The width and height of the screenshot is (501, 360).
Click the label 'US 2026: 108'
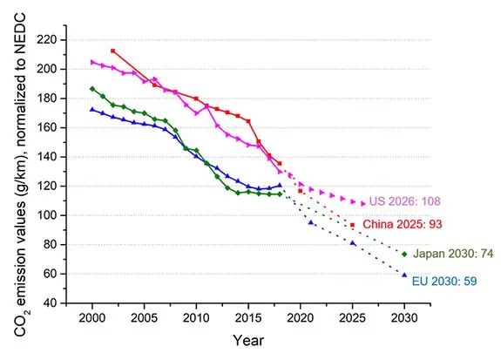click(405, 201)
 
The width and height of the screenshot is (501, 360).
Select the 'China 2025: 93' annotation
click(403, 224)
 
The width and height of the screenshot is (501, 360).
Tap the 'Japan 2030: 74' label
click(453, 254)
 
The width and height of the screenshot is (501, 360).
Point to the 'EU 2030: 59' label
click(444, 282)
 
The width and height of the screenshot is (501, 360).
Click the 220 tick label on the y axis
click(47, 40)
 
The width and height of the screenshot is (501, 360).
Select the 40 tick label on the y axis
click(50, 302)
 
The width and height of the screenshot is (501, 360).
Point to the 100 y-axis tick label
click(47, 215)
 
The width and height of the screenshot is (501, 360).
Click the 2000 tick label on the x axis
click(92, 318)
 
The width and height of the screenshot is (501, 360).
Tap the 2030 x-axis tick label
click(404, 318)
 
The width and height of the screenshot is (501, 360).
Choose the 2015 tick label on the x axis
click(248, 318)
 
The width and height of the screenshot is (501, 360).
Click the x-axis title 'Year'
click(248, 340)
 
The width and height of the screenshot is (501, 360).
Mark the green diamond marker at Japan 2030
click(404, 255)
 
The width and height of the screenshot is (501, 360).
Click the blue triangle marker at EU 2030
click(404, 275)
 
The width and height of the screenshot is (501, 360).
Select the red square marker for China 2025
click(352, 225)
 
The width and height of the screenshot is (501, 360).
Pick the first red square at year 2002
click(112, 51)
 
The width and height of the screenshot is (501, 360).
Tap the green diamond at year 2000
click(92, 89)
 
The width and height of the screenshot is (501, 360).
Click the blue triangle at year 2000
click(92, 109)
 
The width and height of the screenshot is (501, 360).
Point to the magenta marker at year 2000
click(92, 62)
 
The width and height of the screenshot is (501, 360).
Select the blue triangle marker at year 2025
click(352, 243)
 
